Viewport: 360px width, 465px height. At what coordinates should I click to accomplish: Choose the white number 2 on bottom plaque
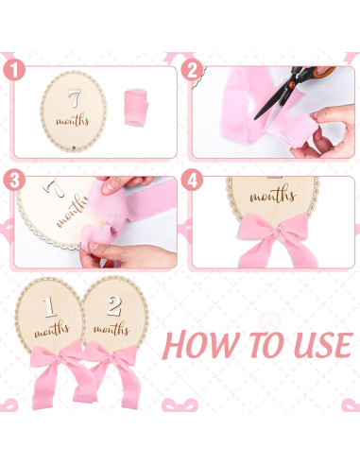pyautogui.click(x=115, y=305)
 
